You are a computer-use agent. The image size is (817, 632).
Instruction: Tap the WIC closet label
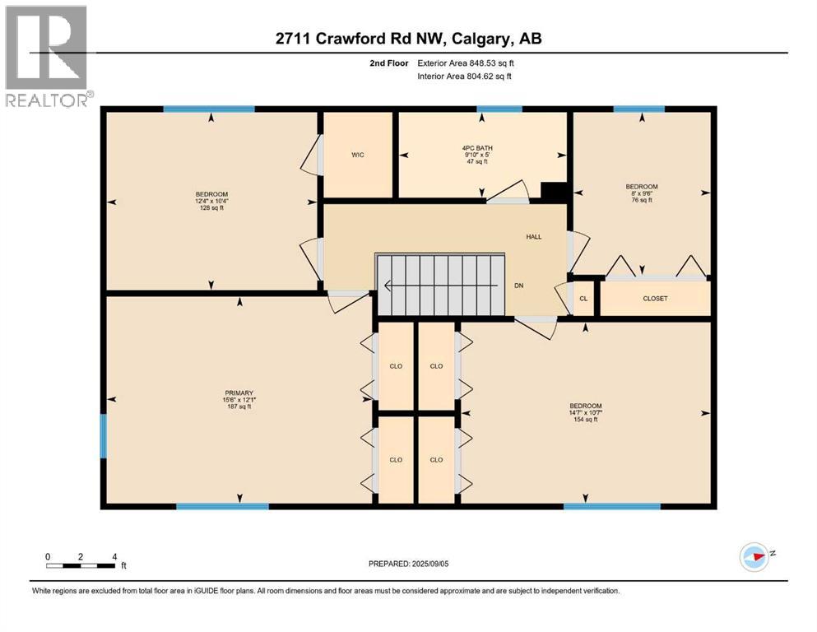point(357,154)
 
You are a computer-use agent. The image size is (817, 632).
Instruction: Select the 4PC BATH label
point(477,147)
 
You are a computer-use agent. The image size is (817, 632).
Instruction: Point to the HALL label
point(534,236)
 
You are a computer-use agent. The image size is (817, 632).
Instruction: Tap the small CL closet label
point(583,298)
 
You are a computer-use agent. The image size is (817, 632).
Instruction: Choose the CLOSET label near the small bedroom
point(655,298)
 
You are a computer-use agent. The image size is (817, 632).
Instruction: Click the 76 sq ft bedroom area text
point(642,200)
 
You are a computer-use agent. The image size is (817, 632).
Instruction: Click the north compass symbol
point(754,556)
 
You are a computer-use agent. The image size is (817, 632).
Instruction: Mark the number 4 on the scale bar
point(113,556)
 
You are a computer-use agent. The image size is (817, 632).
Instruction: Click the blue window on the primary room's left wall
point(104,435)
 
